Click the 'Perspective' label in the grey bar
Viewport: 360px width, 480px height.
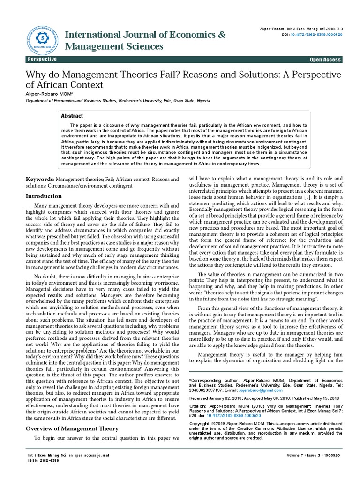(43, 60)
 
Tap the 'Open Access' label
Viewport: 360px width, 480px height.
(325, 60)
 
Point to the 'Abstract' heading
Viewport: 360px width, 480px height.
(72, 116)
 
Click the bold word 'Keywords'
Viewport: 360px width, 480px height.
(39, 180)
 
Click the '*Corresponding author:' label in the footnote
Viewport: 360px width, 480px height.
(213, 379)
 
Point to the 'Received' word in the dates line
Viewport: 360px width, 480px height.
(199, 398)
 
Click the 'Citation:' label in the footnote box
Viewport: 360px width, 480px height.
(198, 406)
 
